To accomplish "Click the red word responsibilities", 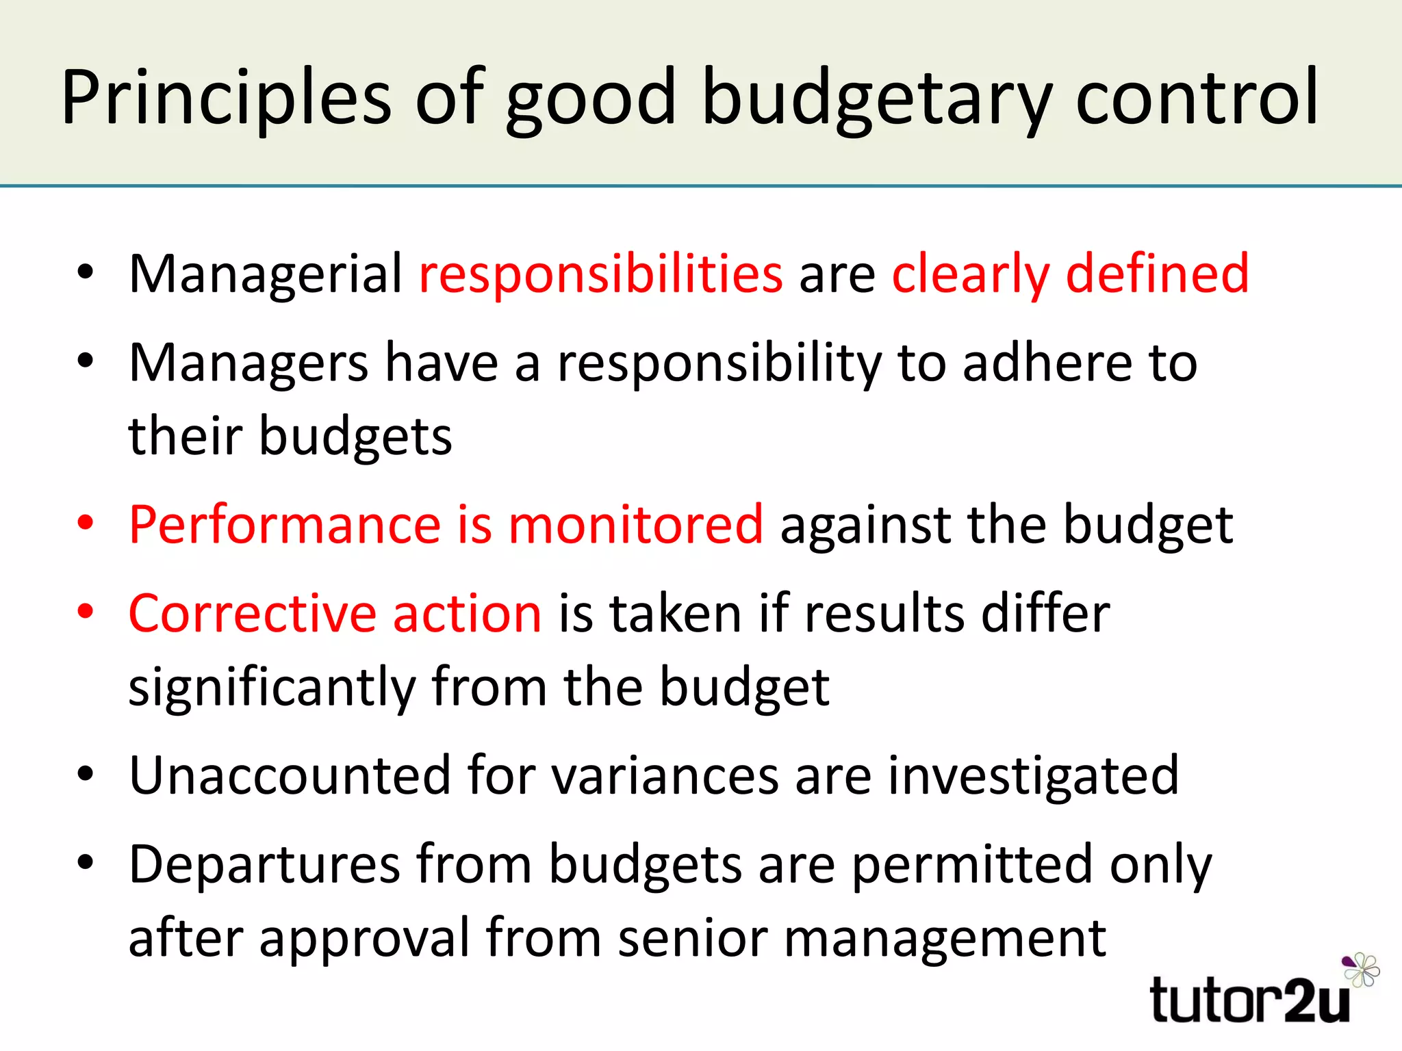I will click(x=600, y=274).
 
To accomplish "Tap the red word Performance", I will click(x=285, y=525).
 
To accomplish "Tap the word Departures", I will click(x=264, y=864).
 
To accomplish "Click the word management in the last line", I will click(x=945, y=938).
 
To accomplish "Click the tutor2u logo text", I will click(x=1250, y=1001).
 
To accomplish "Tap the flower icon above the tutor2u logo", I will click(x=1361, y=969).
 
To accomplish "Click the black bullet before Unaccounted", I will click(x=85, y=775).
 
